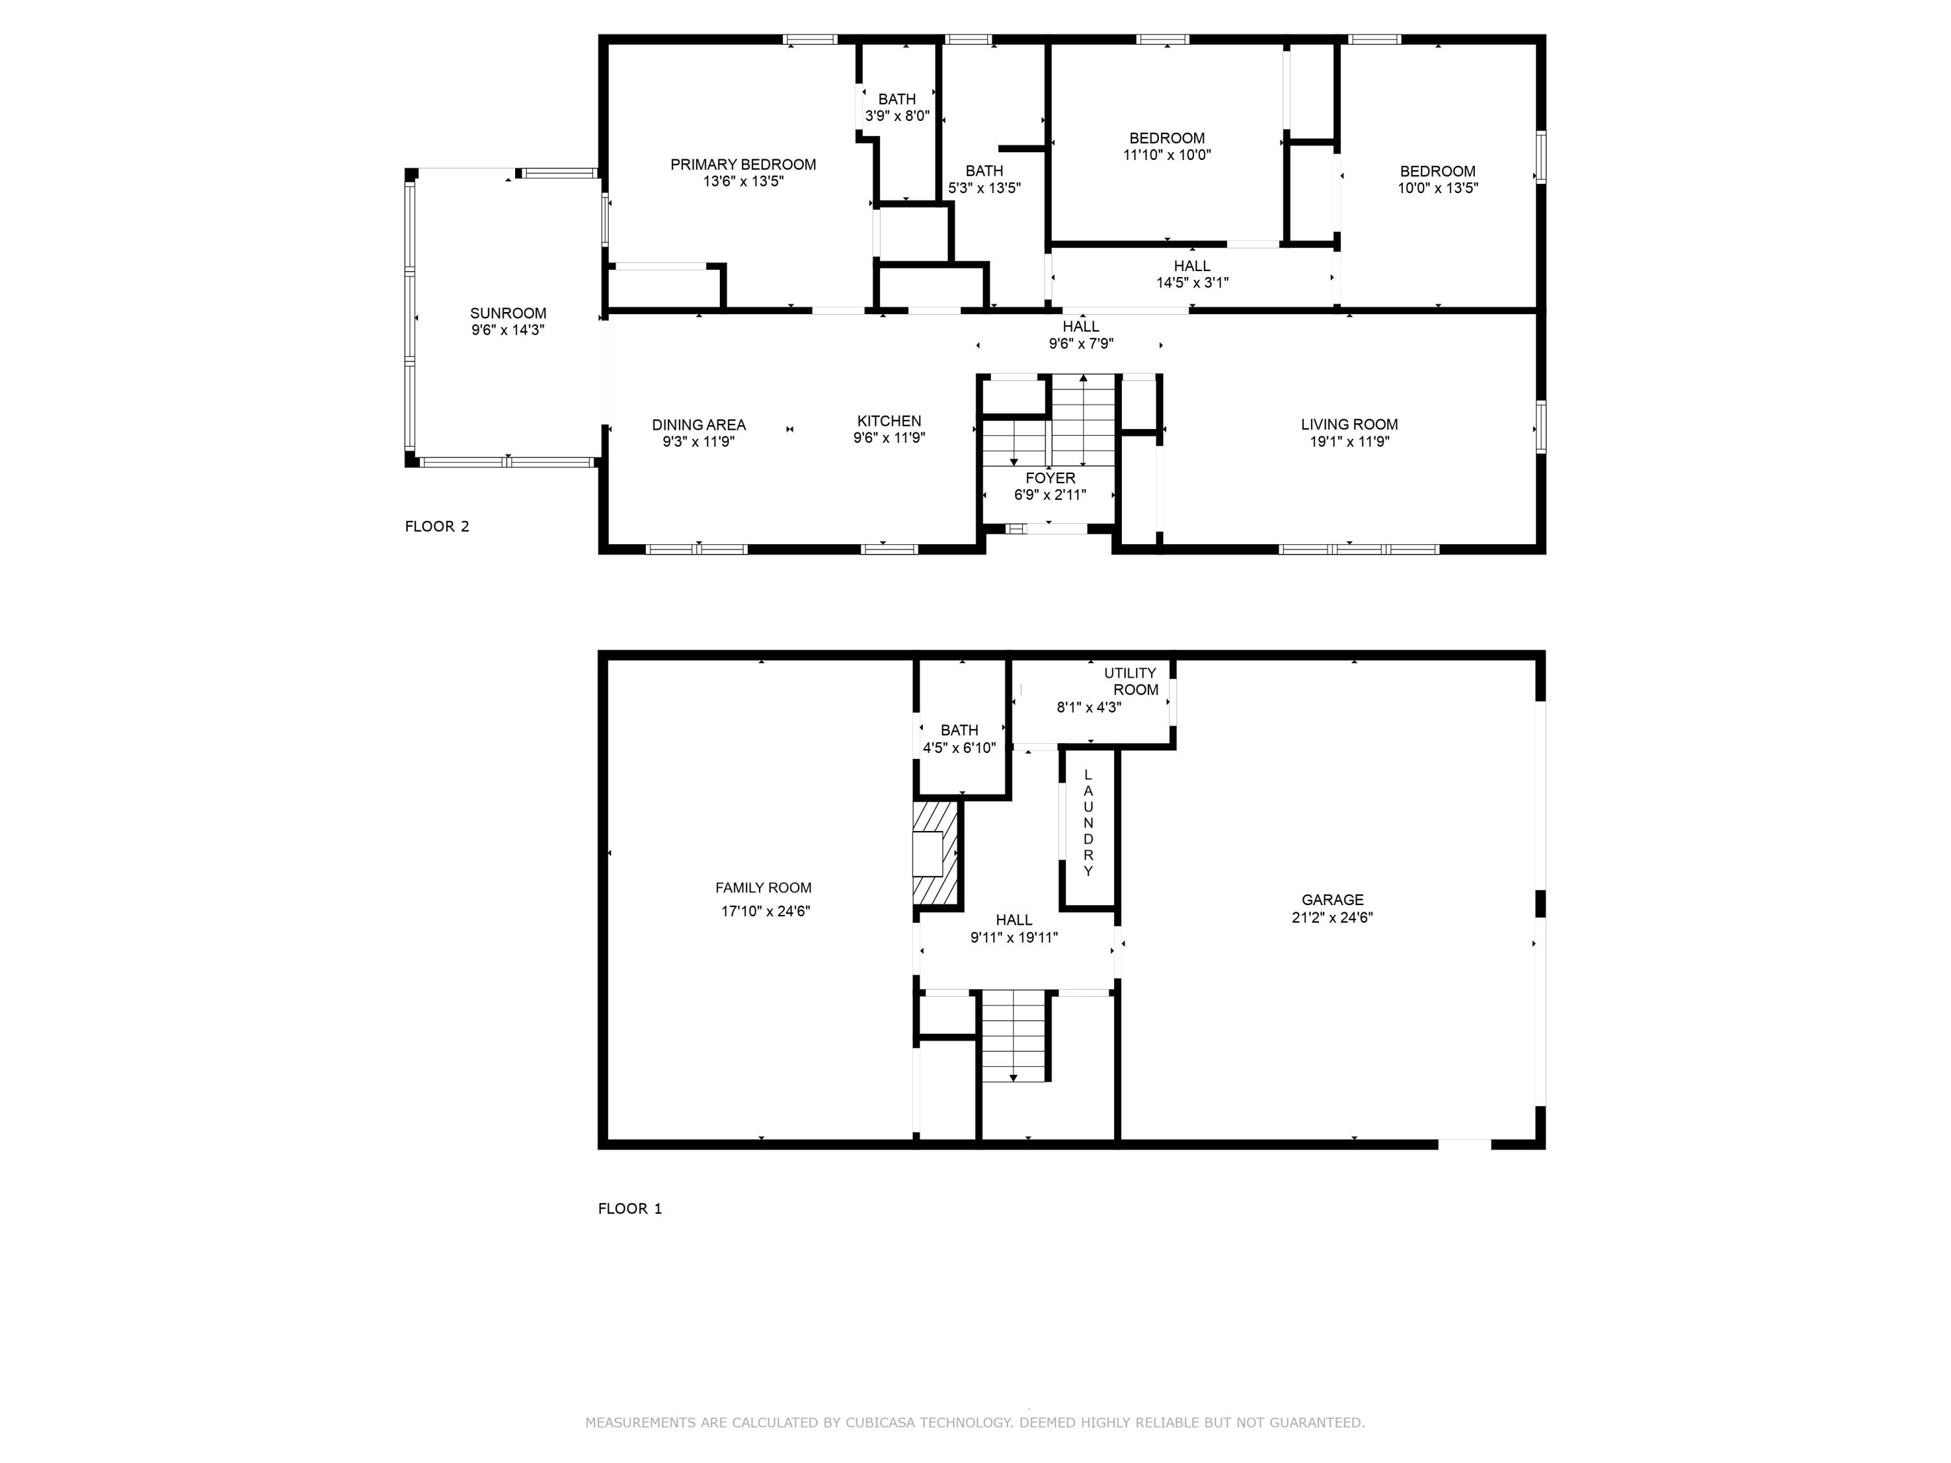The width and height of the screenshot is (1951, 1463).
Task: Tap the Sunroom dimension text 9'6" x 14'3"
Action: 508,330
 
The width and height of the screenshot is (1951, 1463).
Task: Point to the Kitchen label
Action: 889,421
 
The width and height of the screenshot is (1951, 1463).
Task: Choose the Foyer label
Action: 1050,478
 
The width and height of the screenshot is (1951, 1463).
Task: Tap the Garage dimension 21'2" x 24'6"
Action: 1332,917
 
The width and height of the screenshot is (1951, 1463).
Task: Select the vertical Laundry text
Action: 1089,823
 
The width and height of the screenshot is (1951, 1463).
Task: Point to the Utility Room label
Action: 1132,681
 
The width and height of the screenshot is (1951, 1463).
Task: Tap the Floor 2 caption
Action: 436,527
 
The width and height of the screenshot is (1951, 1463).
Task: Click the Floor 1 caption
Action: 630,1208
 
